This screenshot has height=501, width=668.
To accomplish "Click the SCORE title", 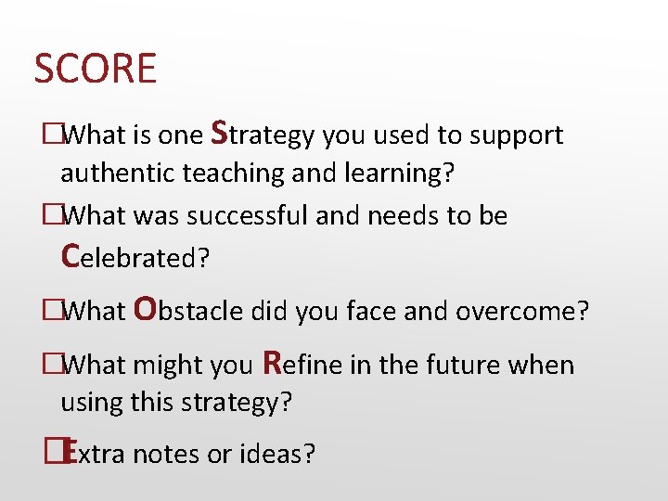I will [x=95, y=70].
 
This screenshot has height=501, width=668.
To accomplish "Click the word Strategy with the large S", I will [x=263, y=135].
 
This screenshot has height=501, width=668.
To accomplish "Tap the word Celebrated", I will [x=135, y=257].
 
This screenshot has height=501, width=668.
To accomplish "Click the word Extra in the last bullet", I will [x=94, y=454].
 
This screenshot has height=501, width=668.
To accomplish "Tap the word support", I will [x=516, y=135].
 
